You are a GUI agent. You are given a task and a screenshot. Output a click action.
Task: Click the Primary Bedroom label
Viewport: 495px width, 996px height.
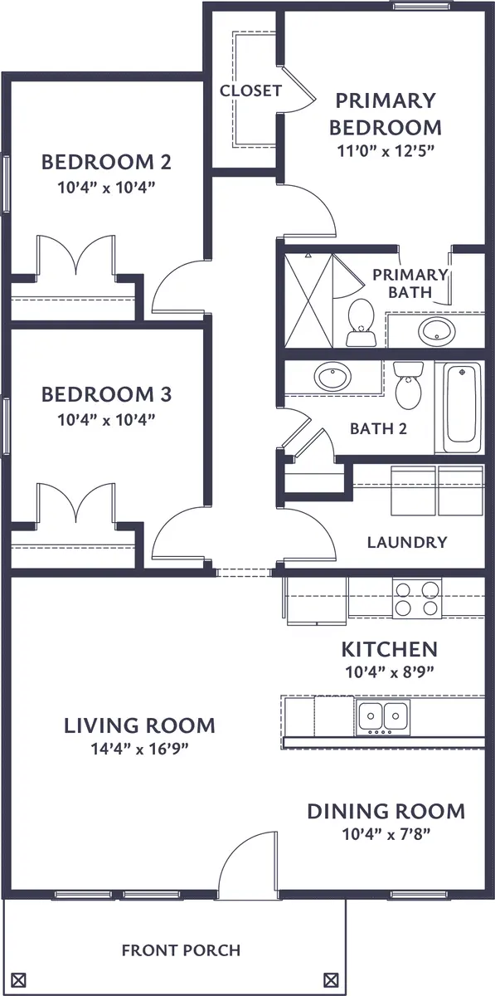coord(385,114)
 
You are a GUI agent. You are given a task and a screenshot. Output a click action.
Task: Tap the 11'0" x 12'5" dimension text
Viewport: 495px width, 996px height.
coord(385,150)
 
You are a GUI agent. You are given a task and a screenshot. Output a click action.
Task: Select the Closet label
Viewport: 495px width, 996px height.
coord(250,91)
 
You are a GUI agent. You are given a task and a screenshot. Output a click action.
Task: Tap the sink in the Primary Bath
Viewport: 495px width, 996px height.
coord(435,331)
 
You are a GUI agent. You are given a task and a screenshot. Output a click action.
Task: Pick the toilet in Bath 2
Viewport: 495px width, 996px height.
coord(408,385)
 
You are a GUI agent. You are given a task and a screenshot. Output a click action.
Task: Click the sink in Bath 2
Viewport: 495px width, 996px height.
coord(333,378)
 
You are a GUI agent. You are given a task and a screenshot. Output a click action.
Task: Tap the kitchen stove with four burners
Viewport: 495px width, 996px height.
coord(416,598)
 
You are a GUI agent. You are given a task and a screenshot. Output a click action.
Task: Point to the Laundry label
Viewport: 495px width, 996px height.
coord(406,543)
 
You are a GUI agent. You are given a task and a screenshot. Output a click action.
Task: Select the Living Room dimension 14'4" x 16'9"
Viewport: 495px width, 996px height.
coord(139,749)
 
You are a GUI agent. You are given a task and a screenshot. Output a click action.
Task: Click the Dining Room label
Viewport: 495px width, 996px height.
coord(386,811)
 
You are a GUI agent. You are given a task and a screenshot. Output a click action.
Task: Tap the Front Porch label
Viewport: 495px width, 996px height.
coord(181,950)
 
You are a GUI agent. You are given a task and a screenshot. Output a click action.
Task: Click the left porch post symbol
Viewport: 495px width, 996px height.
coord(20,978)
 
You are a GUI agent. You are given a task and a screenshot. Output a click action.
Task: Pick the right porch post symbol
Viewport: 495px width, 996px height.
coord(331,978)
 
